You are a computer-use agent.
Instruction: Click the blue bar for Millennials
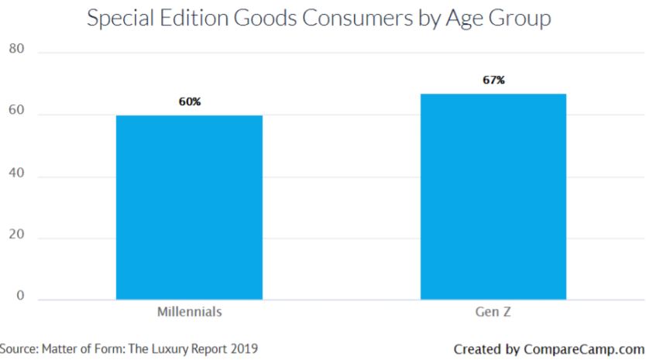tap(189, 207)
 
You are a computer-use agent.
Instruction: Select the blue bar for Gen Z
tap(493, 197)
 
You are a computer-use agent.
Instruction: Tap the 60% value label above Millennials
tap(190, 101)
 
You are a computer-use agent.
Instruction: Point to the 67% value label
tap(493, 80)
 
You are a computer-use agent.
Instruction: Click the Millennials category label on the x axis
tap(190, 312)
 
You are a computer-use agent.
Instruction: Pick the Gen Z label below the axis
tap(493, 312)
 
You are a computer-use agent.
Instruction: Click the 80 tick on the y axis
tap(16, 49)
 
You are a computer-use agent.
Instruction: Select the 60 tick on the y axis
tap(16, 110)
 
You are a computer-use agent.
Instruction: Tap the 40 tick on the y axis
tap(16, 173)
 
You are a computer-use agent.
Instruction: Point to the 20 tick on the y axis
tap(16, 234)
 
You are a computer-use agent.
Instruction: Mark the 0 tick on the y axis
tap(20, 295)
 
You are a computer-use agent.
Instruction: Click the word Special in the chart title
tap(120, 19)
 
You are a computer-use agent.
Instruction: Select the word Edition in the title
tap(194, 18)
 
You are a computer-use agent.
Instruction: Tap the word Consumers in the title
tap(357, 18)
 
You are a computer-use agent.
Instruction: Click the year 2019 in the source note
tap(244, 348)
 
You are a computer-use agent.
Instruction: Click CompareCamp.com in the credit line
tap(584, 350)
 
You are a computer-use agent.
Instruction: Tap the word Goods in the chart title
tap(266, 18)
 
